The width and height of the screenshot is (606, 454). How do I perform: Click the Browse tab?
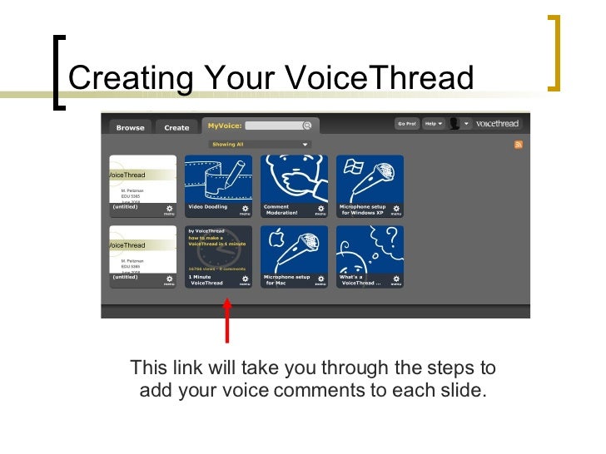click(130, 127)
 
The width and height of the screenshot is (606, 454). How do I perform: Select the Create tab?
click(176, 127)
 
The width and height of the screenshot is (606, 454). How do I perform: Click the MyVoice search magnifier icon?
click(306, 126)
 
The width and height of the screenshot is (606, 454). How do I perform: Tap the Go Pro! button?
click(407, 124)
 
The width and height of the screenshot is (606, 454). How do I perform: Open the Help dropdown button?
click(432, 124)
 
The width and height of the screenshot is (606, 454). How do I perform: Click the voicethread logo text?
click(497, 124)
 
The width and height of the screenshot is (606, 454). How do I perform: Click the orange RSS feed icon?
click(519, 145)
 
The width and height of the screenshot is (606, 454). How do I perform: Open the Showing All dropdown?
click(259, 144)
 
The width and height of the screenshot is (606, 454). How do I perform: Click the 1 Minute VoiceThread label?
click(206, 280)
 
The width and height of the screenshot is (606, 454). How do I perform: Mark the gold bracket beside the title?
click(555, 52)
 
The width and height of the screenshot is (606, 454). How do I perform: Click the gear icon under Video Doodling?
click(245, 209)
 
